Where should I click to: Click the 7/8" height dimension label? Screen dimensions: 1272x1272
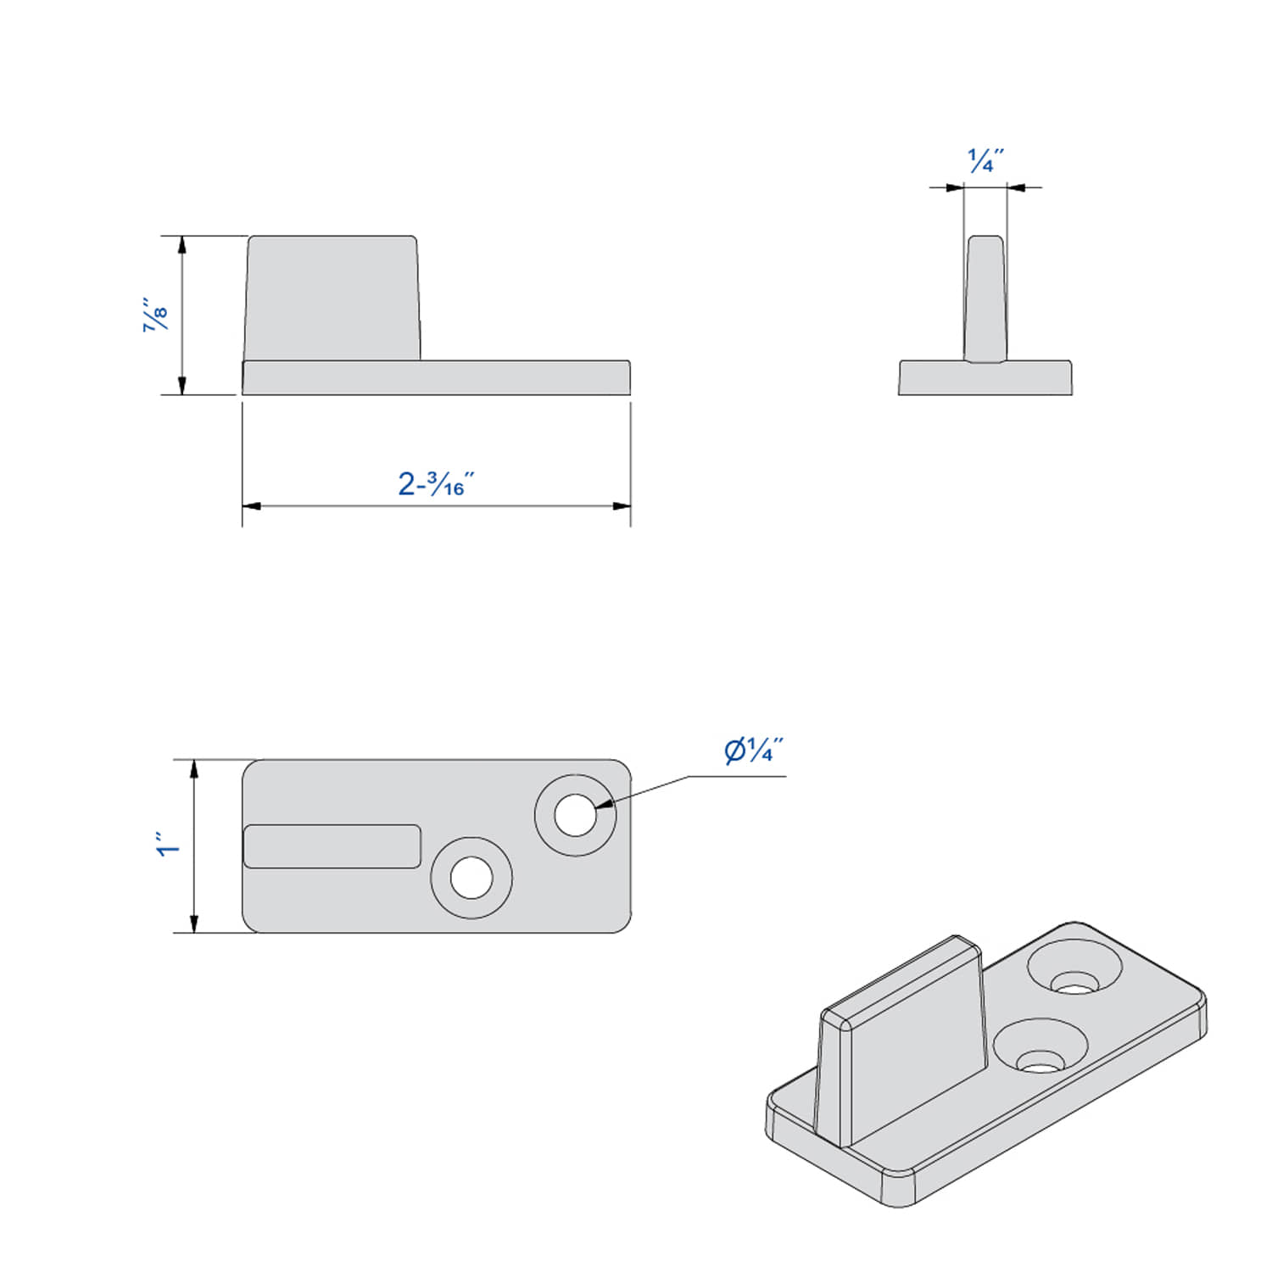[x=156, y=315]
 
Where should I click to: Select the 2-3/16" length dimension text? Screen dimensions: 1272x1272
[x=435, y=484]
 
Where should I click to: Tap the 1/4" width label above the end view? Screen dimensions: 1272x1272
[x=985, y=159]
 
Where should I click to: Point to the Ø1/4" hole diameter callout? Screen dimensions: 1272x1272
[x=753, y=750]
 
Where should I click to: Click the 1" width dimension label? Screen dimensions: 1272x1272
[x=168, y=846]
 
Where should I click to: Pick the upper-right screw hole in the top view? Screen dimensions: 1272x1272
[x=575, y=815]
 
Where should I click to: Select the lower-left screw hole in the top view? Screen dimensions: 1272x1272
[x=471, y=878]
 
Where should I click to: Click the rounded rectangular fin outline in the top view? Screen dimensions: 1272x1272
[x=332, y=846]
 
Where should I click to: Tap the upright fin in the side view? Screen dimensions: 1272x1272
[x=332, y=298]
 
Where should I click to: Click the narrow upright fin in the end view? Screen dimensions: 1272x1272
[x=985, y=298]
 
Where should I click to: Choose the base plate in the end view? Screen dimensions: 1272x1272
[x=985, y=378]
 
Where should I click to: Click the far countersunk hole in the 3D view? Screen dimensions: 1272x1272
[x=1074, y=971]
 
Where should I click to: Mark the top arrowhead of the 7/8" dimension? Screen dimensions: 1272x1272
[x=181, y=245]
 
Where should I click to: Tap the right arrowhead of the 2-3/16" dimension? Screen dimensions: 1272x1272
[x=622, y=506]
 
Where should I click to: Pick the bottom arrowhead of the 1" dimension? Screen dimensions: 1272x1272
[x=194, y=923]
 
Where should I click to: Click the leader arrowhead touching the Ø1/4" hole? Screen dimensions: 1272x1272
[x=604, y=804]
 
